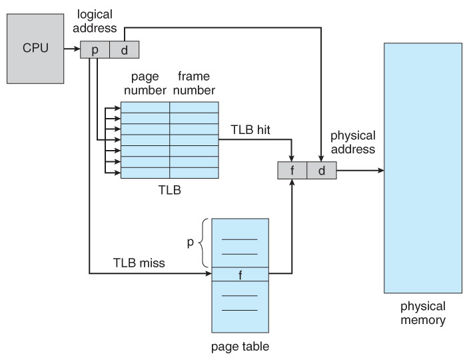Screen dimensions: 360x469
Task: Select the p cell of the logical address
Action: pyautogui.click(x=95, y=50)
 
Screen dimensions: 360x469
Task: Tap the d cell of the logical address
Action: pyautogui.click(x=123, y=50)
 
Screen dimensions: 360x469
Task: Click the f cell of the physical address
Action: pyautogui.click(x=292, y=171)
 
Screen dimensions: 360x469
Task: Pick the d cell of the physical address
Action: pyautogui.click(x=320, y=171)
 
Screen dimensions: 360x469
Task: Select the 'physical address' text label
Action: pyautogui.click(x=352, y=142)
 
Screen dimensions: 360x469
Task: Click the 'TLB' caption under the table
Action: pyautogui.click(x=169, y=189)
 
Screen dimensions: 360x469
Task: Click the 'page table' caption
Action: pyautogui.click(x=240, y=346)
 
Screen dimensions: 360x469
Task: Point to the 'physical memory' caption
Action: pyautogui.click(x=422, y=313)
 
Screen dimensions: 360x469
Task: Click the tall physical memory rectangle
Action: pyautogui.click(x=422, y=167)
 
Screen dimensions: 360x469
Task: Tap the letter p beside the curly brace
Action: pyautogui.click(x=190, y=243)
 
